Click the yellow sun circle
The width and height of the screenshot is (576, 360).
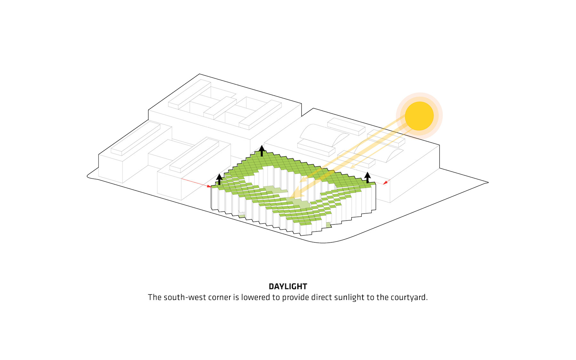(419, 116)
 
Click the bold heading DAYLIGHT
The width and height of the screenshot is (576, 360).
(288, 286)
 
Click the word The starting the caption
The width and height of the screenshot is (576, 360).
(155, 297)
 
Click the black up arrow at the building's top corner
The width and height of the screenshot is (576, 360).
(262, 151)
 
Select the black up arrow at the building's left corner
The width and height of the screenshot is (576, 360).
(219, 179)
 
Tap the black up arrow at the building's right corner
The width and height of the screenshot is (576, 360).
(367, 178)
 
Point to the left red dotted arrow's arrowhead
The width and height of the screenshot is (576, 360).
(209, 186)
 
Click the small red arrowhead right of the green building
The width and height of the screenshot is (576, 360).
(385, 183)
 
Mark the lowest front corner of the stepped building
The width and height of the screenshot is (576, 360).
(301, 236)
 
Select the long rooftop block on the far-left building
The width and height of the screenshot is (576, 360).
(136, 139)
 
